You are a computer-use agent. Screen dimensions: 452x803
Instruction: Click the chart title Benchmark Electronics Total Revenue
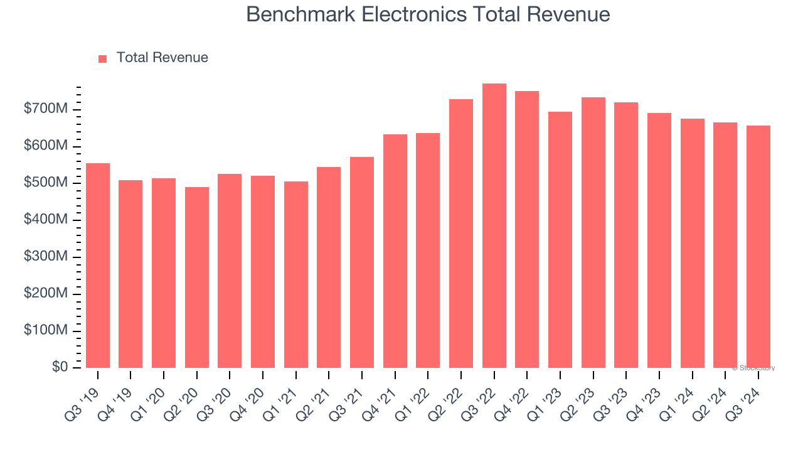428,14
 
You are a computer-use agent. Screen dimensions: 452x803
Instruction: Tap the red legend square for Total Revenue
103,58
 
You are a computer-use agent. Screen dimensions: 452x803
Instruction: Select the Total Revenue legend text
162,58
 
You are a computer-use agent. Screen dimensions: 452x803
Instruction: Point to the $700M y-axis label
45,109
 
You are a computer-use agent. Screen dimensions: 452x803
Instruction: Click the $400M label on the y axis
45,220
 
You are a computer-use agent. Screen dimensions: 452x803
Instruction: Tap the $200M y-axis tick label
45,293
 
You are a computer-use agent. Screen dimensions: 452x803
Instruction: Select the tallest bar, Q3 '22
494,226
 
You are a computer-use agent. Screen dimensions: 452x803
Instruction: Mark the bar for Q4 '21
395,251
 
